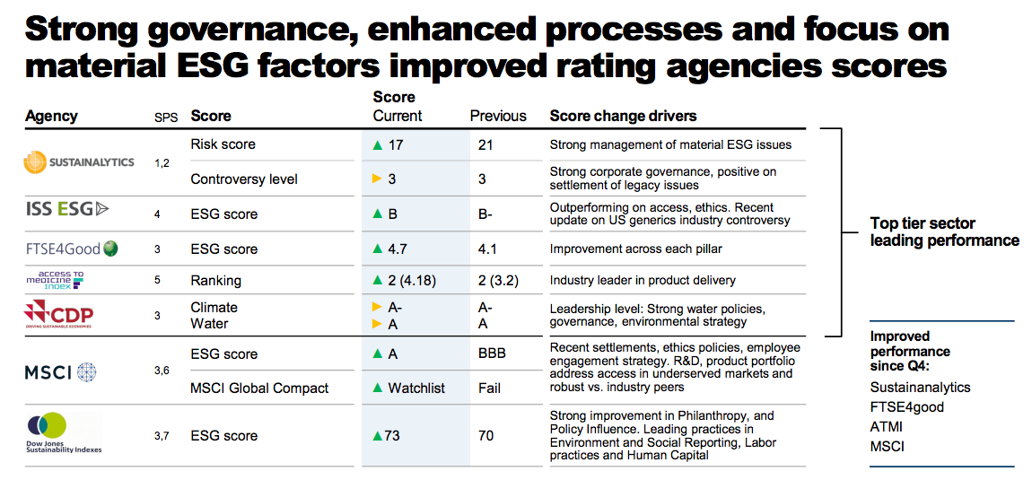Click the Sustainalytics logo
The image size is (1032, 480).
click(79, 161)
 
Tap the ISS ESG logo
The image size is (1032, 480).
click(67, 209)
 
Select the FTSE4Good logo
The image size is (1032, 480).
click(72, 249)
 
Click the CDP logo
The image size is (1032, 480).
click(59, 315)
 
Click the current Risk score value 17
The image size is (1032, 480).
click(396, 144)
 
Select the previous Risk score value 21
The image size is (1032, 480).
click(486, 144)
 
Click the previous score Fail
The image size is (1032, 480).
click(490, 388)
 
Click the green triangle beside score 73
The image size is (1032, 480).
click(378, 436)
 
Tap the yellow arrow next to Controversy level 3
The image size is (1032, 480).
click(378, 179)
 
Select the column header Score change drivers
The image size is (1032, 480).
click(623, 116)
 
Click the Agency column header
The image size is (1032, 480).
click(51, 116)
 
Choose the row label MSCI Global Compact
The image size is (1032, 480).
click(259, 388)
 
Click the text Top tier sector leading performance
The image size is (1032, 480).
click(944, 231)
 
